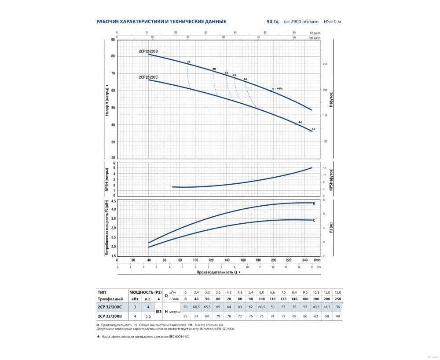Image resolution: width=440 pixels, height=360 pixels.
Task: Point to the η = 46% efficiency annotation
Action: coord(277,89)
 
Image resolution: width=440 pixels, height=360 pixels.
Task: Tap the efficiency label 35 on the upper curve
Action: coord(189,62)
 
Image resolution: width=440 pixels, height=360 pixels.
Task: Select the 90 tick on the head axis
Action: coord(113,40)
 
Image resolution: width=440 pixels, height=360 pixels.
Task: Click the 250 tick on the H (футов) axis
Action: coord(326,64)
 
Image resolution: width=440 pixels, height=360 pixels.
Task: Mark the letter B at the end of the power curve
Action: coord(314,204)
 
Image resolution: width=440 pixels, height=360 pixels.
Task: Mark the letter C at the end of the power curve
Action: coord(314,220)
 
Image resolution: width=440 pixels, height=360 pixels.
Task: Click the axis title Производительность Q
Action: coord(217,272)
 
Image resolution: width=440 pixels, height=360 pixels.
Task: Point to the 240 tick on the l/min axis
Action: coord(304,260)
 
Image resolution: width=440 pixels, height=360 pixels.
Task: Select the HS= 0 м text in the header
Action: coord(333,21)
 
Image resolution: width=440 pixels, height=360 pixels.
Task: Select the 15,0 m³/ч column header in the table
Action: coord(338,292)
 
